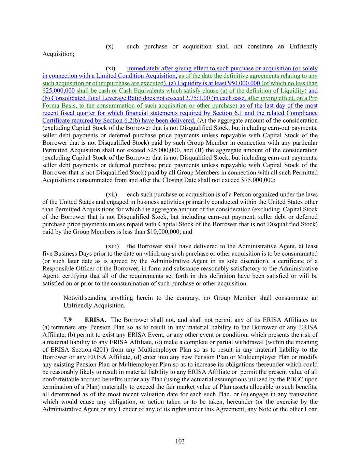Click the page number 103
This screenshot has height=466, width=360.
tap(180, 441)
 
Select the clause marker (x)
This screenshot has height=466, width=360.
tap(110, 46)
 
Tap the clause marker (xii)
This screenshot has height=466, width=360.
tap(111, 195)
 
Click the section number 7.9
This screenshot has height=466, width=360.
tap(68, 320)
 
